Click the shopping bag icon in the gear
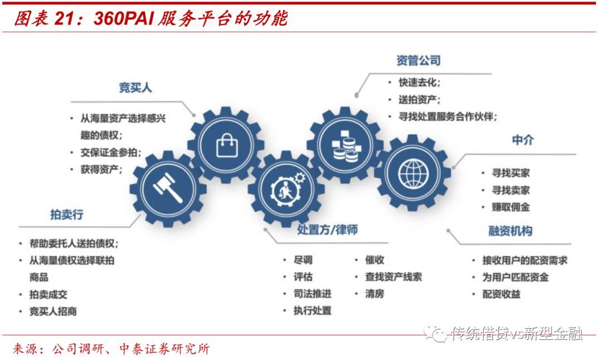(227, 144)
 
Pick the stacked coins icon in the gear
(345, 145)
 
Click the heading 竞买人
(135, 88)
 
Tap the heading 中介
(522, 140)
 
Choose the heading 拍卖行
(67, 215)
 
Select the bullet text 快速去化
(419, 82)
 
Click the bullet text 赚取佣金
(511, 207)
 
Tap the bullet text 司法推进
(312, 294)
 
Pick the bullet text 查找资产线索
(394, 277)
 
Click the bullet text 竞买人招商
(53, 312)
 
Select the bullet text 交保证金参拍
(111, 152)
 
